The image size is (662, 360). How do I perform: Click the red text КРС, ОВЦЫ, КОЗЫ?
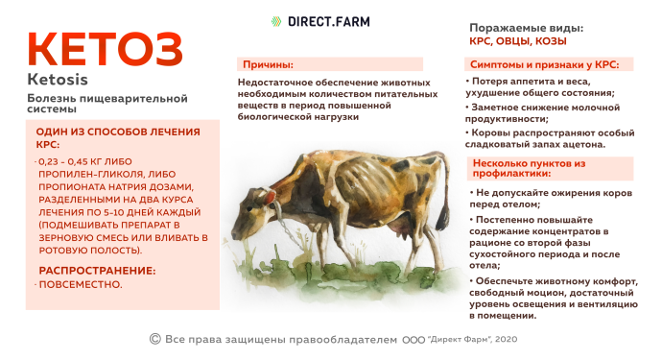click(x=517, y=41)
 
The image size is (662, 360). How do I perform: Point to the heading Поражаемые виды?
click(x=526, y=28)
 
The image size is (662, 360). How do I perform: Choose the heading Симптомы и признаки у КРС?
click(x=544, y=64)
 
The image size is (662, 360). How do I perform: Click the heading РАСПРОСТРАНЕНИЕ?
click(x=96, y=271)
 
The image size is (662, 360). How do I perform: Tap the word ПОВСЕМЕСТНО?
click(x=81, y=284)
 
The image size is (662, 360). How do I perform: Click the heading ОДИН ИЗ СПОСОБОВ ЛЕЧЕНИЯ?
click(x=117, y=132)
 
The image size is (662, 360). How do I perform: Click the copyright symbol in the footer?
click(x=154, y=339)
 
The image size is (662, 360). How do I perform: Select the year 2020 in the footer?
click(x=506, y=340)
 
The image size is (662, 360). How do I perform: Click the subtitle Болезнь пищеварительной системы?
click(x=85, y=105)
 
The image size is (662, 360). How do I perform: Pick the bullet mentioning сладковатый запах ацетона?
click(x=542, y=137)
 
